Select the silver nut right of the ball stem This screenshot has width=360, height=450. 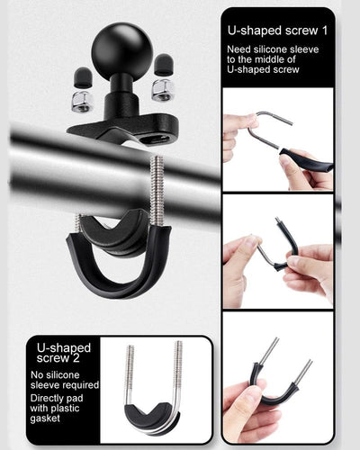163,90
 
